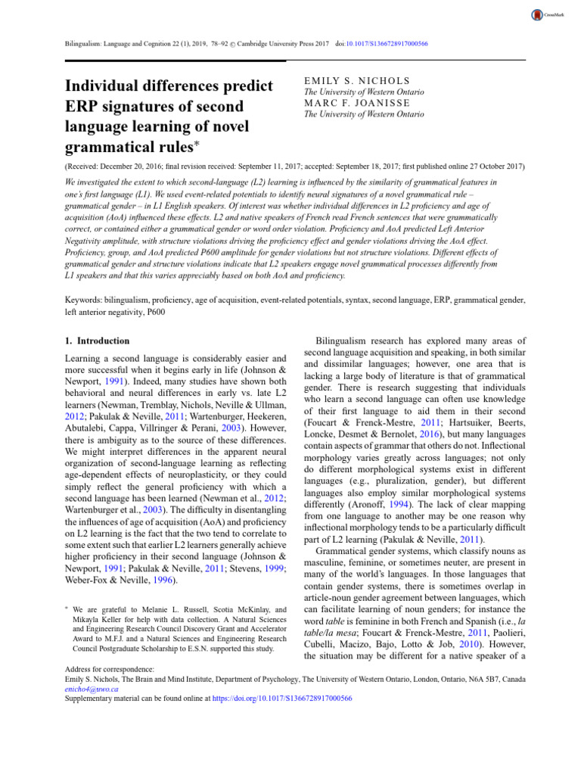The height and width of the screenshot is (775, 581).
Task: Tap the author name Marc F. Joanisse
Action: point(346,103)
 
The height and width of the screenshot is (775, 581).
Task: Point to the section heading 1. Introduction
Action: point(98,341)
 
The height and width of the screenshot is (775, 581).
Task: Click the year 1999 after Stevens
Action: point(274,548)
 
